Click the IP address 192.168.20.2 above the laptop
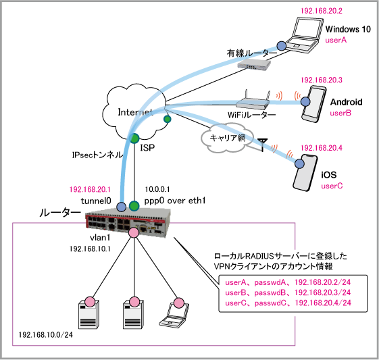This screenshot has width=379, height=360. tap(321, 11)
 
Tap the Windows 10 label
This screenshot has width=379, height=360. tap(348, 29)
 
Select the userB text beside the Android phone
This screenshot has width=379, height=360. tap(340, 113)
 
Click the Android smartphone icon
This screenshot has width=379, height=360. tap(314, 104)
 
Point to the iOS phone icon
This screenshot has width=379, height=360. tap(305, 172)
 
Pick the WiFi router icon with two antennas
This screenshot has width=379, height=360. tap(253, 100)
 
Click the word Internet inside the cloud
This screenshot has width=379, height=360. tap(135, 112)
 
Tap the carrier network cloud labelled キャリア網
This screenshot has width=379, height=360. tap(227, 138)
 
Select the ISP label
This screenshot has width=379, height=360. tap(147, 148)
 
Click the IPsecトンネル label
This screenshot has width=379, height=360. tap(97, 155)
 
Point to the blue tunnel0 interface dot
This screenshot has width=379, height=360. tap(122, 207)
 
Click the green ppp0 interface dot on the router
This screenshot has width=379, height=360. tap(134, 206)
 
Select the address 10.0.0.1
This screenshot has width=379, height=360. tap(157, 189)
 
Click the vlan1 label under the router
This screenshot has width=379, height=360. tap(100, 238)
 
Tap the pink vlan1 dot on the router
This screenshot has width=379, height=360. tap(133, 232)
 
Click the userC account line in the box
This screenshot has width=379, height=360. tap(288, 303)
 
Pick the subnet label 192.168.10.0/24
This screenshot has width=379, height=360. tap(46, 334)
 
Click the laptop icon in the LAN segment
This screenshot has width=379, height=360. tap(174, 315)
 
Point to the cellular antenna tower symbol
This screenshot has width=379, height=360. tap(262, 145)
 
